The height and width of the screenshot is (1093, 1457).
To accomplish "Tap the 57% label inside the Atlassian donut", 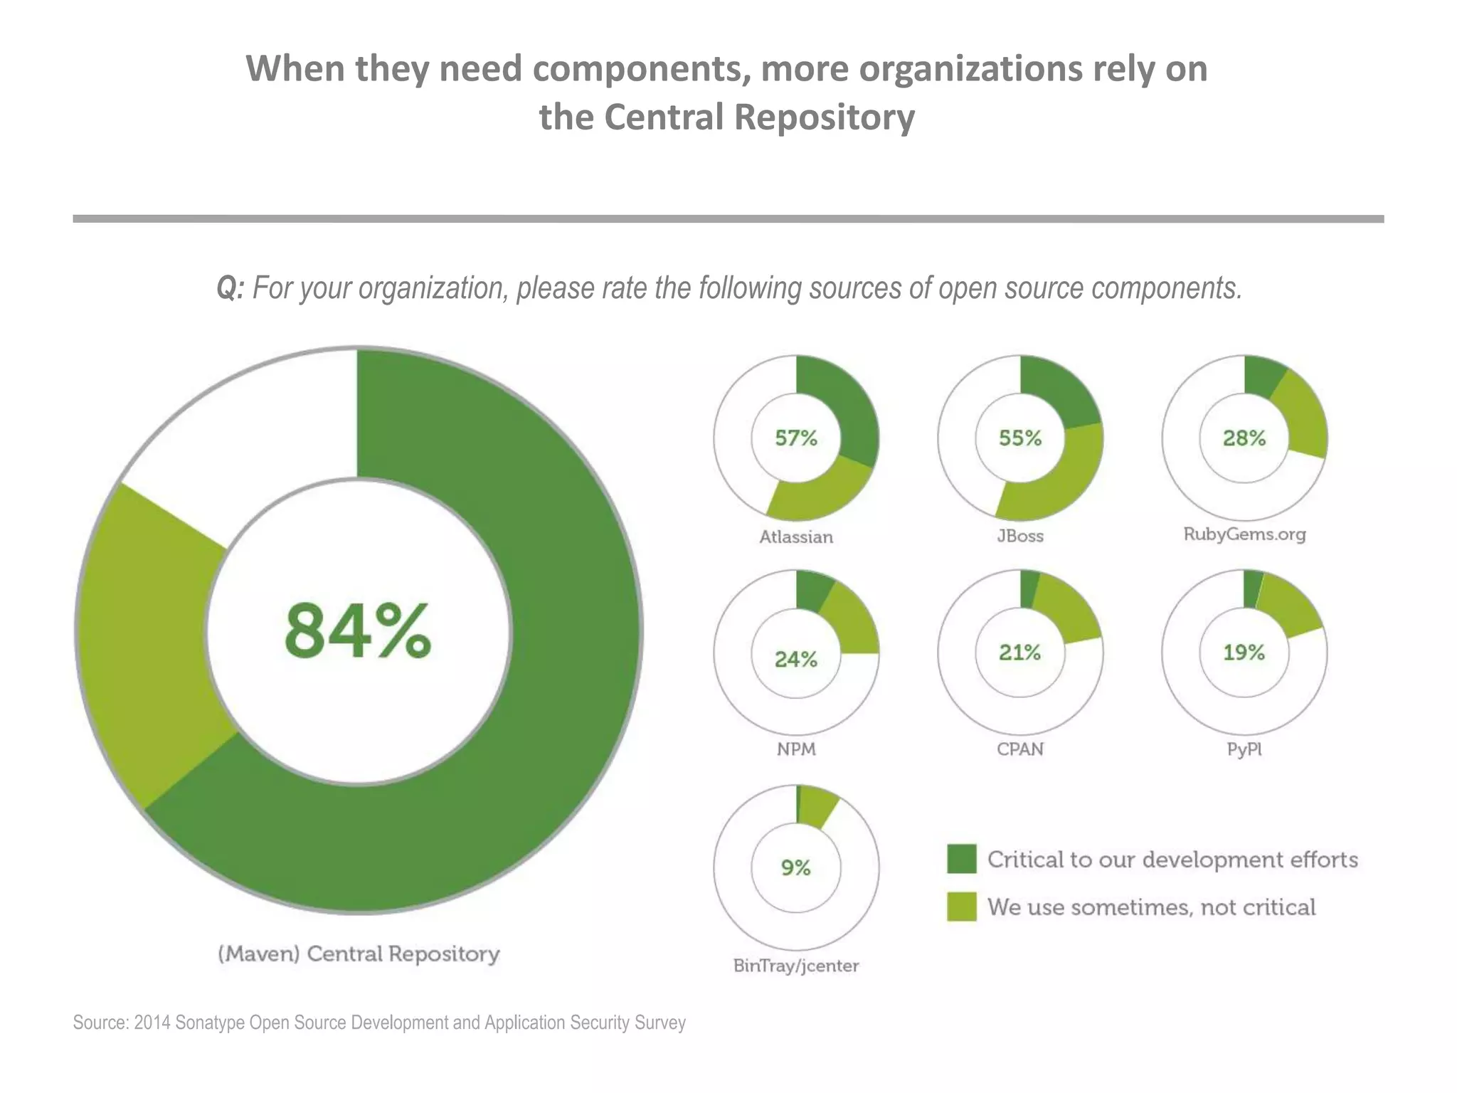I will point(796,438).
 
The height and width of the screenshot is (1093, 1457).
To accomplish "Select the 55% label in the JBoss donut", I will point(1019,438).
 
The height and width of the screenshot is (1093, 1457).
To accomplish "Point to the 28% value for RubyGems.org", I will point(1244,438).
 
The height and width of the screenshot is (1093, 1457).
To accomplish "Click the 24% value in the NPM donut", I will point(796,660).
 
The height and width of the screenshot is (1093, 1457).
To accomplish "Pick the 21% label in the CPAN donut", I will point(1019,653).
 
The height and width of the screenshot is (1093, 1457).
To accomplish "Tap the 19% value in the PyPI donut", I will point(1244,653).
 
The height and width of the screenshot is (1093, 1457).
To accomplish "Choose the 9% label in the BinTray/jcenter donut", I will point(796,868).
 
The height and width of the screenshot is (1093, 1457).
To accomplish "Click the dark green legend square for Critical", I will point(961,860).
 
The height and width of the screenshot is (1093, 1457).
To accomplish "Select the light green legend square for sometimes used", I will point(961,907).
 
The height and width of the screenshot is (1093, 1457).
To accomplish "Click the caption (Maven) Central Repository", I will point(359,954).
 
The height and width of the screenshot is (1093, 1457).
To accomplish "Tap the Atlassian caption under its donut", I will point(796,537).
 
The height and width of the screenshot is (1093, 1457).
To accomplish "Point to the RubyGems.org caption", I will point(1244,534).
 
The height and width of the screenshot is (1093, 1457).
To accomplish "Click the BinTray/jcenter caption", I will point(796,966).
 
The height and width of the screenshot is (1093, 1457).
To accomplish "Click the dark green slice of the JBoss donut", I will point(1056,391).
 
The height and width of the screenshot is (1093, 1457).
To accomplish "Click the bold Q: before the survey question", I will point(230,288).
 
